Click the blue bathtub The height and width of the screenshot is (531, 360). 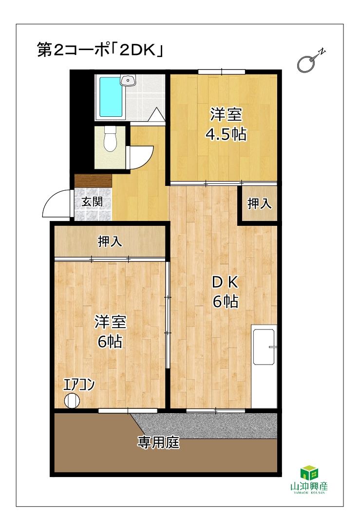pyautogui.click(x=111, y=97)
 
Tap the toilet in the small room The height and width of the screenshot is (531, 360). pyautogui.click(x=110, y=139)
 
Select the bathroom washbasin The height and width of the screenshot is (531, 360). pyautogui.click(x=128, y=80)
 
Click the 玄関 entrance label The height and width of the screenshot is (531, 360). pyautogui.click(x=92, y=202)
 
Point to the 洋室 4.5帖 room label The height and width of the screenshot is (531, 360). pyautogui.click(x=226, y=124)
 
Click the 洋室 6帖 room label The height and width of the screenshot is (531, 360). pyautogui.click(x=110, y=331)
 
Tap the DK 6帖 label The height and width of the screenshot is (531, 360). pyautogui.click(x=226, y=292)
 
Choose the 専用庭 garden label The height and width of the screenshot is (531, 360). pyautogui.click(x=158, y=442)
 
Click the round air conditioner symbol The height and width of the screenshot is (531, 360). pyautogui.click(x=72, y=401)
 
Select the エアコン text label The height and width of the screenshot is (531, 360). pyautogui.click(x=78, y=385)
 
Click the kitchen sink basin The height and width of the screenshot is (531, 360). pyautogui.click(x=264, y=347)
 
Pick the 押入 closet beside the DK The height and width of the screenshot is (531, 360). pyautogui.click(x=260, y=203)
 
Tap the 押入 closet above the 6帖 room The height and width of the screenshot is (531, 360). pyautogui.click(x=110, y=241)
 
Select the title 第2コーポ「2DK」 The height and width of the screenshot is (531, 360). pyautogui.click(x=100, y=50)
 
